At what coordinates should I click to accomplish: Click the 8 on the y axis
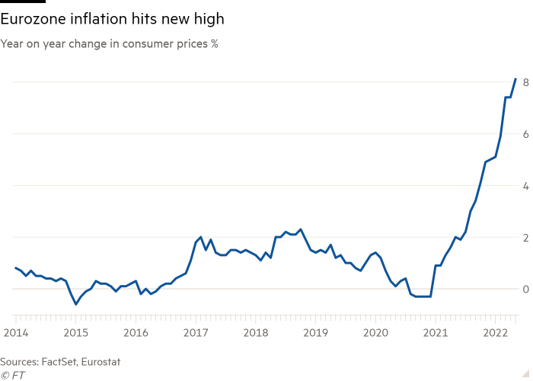click(x=525, y=82)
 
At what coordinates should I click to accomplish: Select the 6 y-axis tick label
click(x=525, y=133)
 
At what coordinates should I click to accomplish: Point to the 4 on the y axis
click(x=525, y=185)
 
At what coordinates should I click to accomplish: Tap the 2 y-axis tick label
click(x=525, y=237)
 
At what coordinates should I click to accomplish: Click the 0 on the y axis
click(x=525, y=289)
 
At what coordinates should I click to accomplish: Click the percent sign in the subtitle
click(x=215, y=44)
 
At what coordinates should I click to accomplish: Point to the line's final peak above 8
click(x=515, y=78)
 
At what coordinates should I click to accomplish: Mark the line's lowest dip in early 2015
click(x=75, y=304)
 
